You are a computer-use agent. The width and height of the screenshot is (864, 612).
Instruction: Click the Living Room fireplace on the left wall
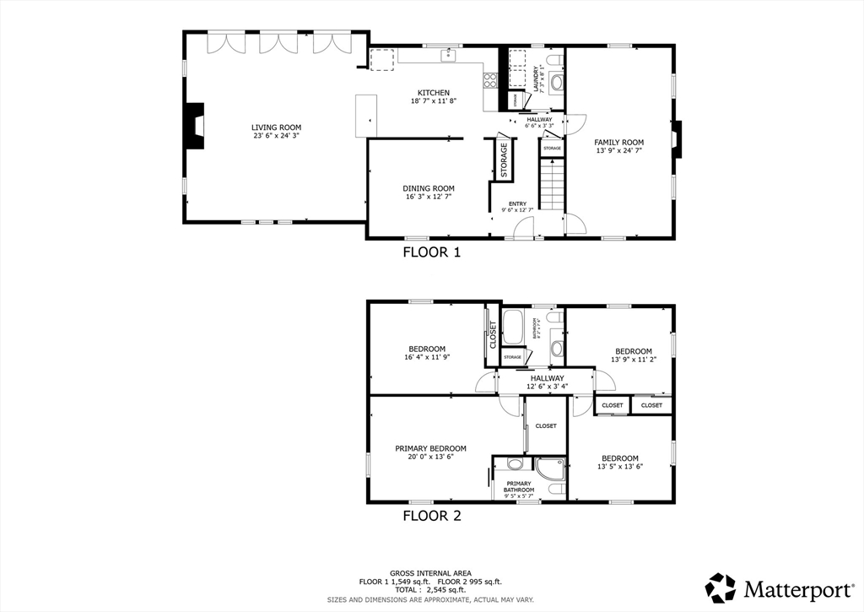pyautogui.click(x=195, y=127)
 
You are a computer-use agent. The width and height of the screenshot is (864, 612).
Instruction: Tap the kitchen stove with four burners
pyautogui.click(x=489, y=81)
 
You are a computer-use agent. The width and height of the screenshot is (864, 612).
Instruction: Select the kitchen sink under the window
pyautogui.click(x=448, y=57)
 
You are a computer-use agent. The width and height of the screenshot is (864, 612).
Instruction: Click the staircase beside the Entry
pyautogui.click(x=551, y=186)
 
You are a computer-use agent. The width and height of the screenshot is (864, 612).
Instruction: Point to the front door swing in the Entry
pyautogui.click(x=523, y=228)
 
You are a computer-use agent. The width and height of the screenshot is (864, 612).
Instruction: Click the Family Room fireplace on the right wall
pyautogui.click(x=676, y=140)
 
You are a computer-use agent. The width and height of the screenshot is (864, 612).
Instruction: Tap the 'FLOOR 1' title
pyautogui.click(x=431, y=252)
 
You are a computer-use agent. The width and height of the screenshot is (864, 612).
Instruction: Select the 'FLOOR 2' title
pyautogui.click(x=431, y=516)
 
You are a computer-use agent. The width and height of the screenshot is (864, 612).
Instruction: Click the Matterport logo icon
pyautogui.click(x=721, y=588)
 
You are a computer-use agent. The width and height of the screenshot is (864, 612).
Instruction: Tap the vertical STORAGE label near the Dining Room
pyautogui.click(x=504, y=160)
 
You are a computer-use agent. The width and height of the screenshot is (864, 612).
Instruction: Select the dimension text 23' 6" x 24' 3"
pyautogui.click(x=276, y=136)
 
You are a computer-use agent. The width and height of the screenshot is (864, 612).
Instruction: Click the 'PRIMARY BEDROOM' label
pyautogui.click(x=430, y=449)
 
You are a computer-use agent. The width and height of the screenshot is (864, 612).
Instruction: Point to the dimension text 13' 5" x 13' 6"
pyautogui.click(x=620, y=467)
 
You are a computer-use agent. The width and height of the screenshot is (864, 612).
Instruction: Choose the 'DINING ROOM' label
pyautogui.click(x=429, y=188)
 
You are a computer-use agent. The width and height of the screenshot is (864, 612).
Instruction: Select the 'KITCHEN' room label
pyautogui.click(x=434, y=93)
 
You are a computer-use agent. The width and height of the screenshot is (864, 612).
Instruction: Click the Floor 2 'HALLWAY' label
pyautogui.click(x=548, y=378)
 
